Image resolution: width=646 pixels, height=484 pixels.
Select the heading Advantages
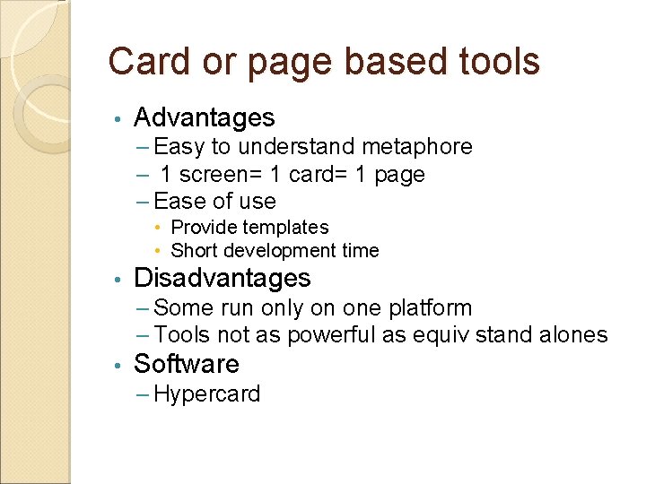pyautogui.click(x=204, y=117)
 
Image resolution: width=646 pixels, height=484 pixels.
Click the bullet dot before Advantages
pyautogui.click(x=117, y=118)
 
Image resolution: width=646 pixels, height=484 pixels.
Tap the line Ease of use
pyautogui.click(x=215, y=201)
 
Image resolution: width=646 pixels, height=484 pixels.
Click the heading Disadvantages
pyautogui.click(x=222, y=278)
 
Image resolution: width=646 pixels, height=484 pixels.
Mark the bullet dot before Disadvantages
pyautogui.click(x=117, y=279)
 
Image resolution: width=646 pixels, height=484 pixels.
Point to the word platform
pyautogui.click(x=430, y=308)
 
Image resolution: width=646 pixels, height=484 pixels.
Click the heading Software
pyautogui.click(x=186, y=364)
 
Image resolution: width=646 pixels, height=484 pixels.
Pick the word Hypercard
pyautogui.click(x=207, y=394)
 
